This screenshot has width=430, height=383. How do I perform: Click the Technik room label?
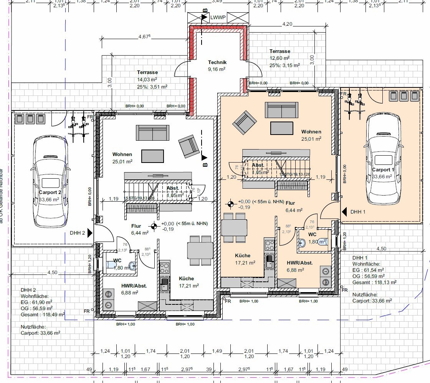[217, 62]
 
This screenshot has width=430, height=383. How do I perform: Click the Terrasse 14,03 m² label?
[147, 72]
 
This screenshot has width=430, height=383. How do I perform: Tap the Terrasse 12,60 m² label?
[279, 51]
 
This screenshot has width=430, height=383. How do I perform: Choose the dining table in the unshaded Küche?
[200, 250]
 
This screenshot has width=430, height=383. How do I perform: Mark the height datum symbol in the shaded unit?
[231, 204]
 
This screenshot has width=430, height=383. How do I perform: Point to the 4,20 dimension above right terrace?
[287, 24]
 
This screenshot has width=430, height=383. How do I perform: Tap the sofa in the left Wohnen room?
[152, 133]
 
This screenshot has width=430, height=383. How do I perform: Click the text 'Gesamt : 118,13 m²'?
[374, 282]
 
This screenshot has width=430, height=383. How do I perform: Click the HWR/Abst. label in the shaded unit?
[299, 263]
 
